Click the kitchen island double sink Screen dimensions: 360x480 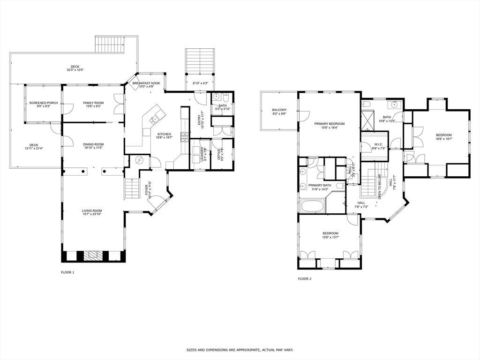154,120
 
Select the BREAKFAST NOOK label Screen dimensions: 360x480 146,83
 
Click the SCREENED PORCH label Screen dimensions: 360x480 44,103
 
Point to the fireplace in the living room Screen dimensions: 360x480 92,255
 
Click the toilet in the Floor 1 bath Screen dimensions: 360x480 226,98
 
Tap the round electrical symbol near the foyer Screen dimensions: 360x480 139,160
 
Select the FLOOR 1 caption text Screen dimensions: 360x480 67,272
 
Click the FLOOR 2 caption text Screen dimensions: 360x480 304,278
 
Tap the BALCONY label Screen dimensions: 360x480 279,110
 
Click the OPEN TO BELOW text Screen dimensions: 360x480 379,187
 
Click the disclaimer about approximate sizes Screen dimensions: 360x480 240,350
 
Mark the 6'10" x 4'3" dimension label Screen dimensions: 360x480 200,83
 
